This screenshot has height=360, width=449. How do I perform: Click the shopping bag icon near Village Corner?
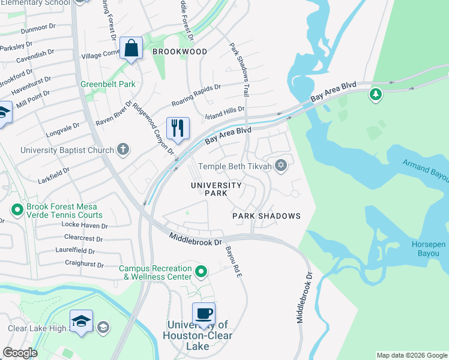[130, 49]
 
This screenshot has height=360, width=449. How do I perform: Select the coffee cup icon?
[203, 314]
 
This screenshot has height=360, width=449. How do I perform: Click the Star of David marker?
[280, 166]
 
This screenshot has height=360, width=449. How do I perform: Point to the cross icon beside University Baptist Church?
[122, 149]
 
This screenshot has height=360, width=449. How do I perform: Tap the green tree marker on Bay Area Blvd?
[376, 94]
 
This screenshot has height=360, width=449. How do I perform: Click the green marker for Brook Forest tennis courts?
[16, 210]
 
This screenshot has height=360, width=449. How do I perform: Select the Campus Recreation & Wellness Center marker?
[202, 272]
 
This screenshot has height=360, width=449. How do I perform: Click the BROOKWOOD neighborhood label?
[179, 52]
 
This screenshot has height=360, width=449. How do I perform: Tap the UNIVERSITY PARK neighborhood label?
[216, 190]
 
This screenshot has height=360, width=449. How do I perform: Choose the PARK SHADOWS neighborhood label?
[266, 215]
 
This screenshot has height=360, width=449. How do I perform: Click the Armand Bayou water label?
[425, 170]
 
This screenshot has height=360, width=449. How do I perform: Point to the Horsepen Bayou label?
[430, 249]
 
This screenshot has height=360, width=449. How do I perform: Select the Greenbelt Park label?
[108, 84]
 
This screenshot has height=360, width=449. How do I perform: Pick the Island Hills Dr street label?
[225, 111]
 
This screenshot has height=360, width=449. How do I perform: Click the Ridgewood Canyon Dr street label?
[153, 127]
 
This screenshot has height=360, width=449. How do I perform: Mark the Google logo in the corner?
[20, 353]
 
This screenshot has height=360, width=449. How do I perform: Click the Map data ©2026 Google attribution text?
[412, 355]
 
